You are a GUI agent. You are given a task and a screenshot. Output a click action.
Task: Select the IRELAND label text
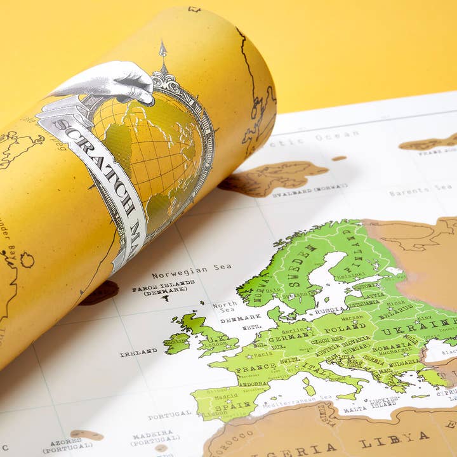138,352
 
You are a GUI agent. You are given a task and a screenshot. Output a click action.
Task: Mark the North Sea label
226,307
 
